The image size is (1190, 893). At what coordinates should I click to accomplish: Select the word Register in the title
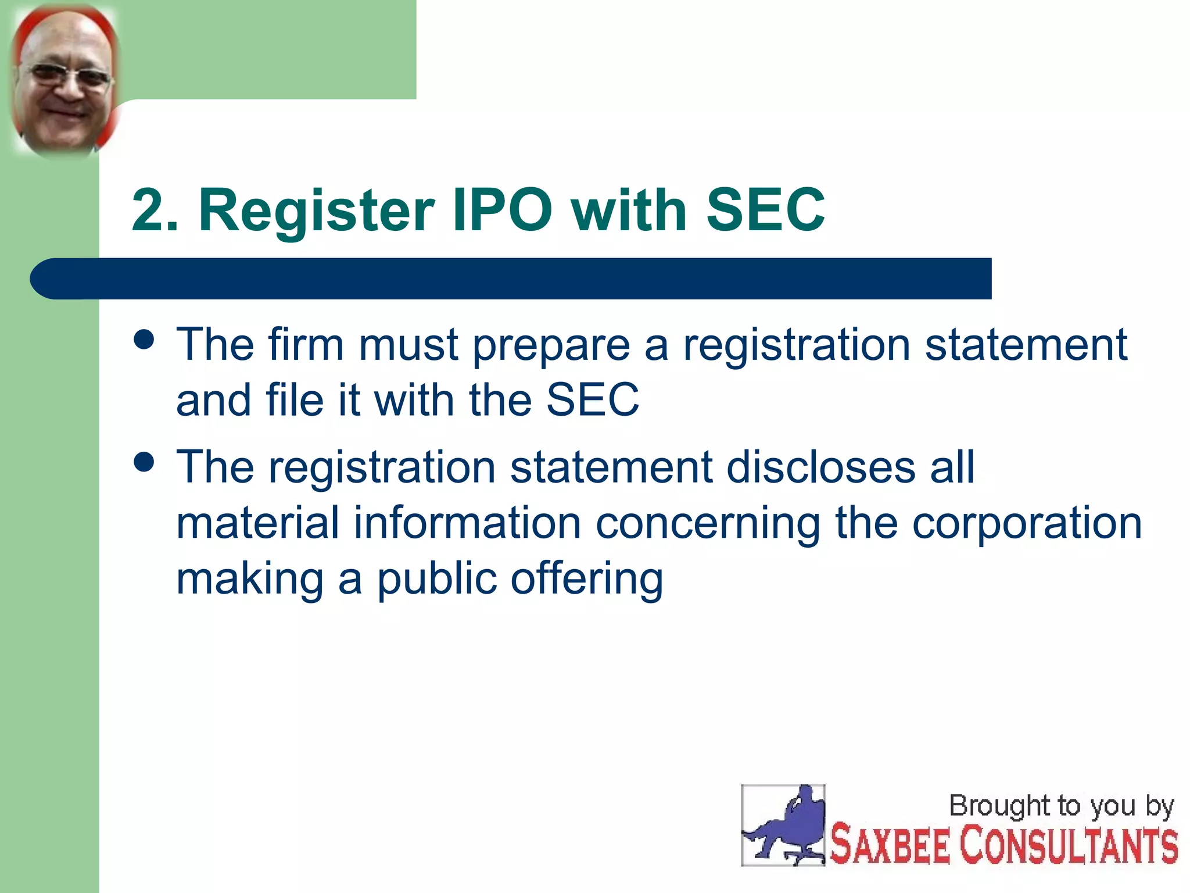(x=317, y=210)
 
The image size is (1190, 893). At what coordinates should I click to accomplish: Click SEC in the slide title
(x=765, y=210)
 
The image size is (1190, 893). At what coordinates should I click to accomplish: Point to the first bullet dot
(x=144, y=340)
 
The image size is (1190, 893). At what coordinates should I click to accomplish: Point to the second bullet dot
(x=144, y=462)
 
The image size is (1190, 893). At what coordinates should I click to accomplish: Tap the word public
(x=436, y=580)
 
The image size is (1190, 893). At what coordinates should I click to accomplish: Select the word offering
(x=587, y=580)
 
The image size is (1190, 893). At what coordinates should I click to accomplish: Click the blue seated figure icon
(x=783, y=826)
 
